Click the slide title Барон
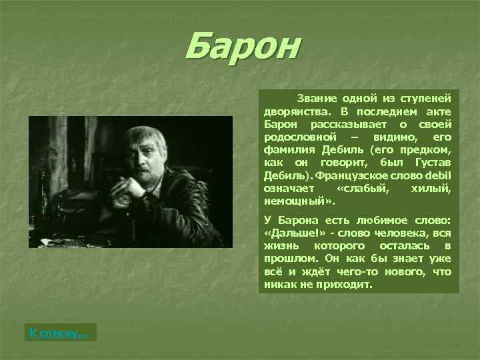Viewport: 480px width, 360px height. (243, 47)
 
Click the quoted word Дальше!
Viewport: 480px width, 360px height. (291, 234)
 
